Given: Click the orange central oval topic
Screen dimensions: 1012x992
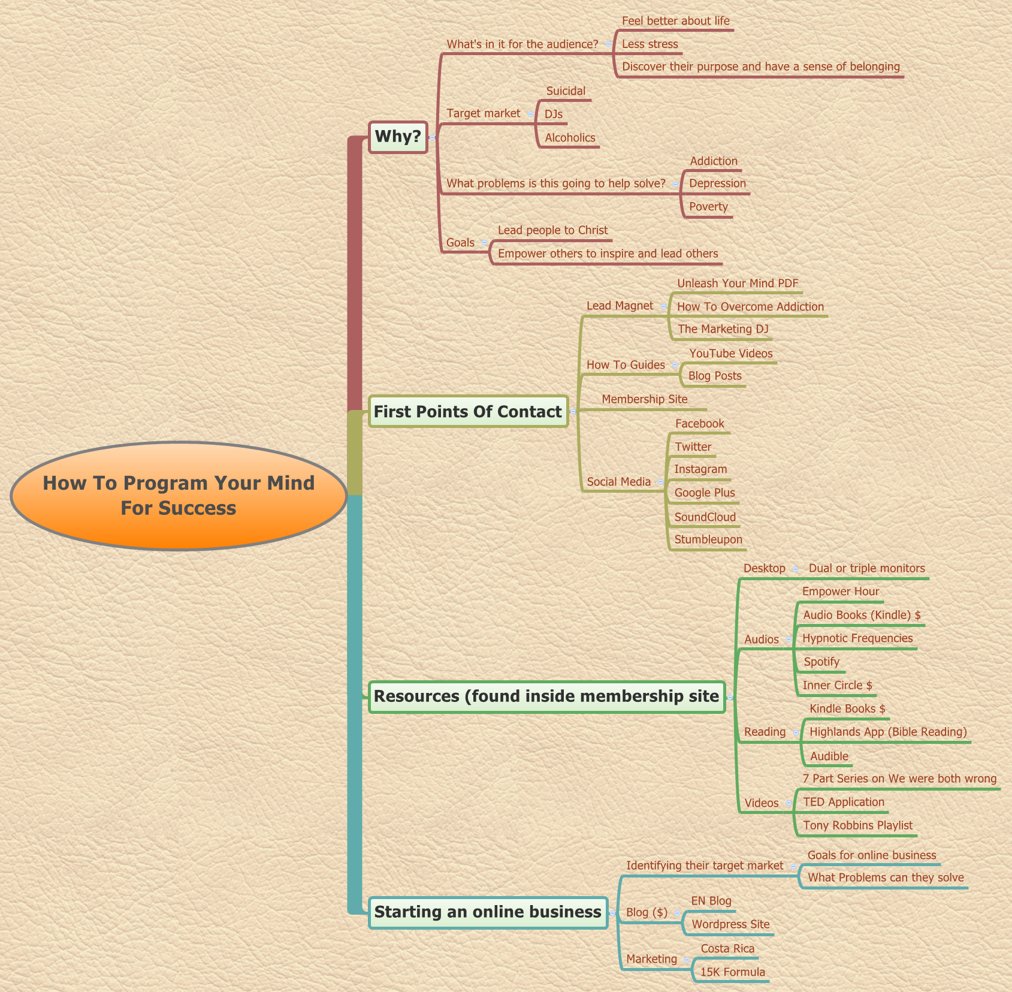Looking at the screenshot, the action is pyautogui.click(x=179, y=496).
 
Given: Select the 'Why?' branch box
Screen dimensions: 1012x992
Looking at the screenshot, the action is pyautogui.click(x=398, y=137).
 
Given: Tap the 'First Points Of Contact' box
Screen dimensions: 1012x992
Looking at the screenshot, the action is pyautogui.click(x=468, y=411).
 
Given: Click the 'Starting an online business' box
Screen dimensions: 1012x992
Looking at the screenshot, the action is pyautogui.click(x=488, y=912).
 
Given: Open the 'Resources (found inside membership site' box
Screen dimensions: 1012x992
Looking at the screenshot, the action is pyautogui.click(x=546, y=696).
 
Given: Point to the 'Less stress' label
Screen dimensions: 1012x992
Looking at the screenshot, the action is pyautogui.click(x=650, y=44).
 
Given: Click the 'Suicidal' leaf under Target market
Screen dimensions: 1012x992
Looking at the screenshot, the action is pyautogui.click(x=566, y=91).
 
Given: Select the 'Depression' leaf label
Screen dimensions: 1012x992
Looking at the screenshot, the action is pyautogui.click(x=717, y=183).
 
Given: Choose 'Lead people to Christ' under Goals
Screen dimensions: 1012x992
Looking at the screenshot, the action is pyautogui.click(x=552, y=230).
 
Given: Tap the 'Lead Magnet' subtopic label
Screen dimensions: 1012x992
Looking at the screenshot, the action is pyautogui.click(x=620, y=306).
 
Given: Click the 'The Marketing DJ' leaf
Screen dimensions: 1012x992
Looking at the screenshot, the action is pyautogui.click(x=723, y=329).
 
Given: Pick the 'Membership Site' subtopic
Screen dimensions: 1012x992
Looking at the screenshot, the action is pyautogui.click(x=645, y=399).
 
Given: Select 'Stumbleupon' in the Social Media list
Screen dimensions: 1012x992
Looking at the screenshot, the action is pyautogui.click(x=708, y=539).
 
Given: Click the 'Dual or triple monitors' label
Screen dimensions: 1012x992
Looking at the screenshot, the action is pyautogui.click(x=866, y=568).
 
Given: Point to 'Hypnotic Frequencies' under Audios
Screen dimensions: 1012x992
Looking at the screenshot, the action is pyautogui.click(x=857, y=638).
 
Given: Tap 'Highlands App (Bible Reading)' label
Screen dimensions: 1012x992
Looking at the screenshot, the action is pyautogui.click(x=888, y=732).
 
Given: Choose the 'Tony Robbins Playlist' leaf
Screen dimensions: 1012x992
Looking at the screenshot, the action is pyautogui.click(x=857, y=825).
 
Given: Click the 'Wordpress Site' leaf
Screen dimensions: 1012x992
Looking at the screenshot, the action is pyautogui.click(x=730, y=924).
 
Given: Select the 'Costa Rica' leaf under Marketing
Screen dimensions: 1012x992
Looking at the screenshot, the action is pyautogui.click(x=727, y=949).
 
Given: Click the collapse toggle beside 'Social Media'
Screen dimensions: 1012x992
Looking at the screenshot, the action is pyautogui.click(x=660, y=482).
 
